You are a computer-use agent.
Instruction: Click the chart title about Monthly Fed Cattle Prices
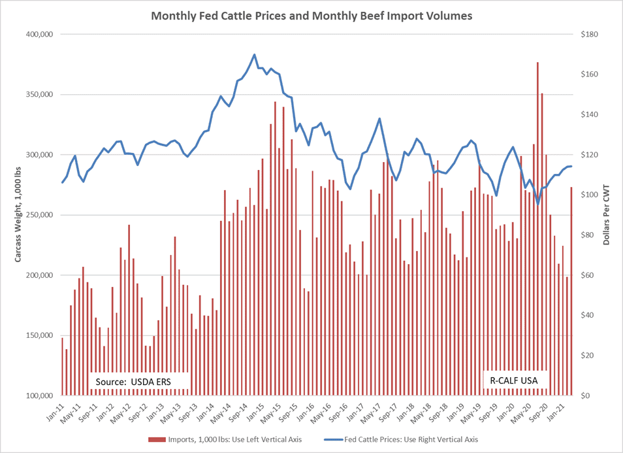tap(311, 14)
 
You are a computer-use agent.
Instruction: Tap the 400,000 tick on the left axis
tap(37, 34)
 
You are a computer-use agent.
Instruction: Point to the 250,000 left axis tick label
tap(37, 215)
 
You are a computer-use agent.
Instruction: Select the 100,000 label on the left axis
tap(37, 395)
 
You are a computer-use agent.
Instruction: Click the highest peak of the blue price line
tap(254, 54)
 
